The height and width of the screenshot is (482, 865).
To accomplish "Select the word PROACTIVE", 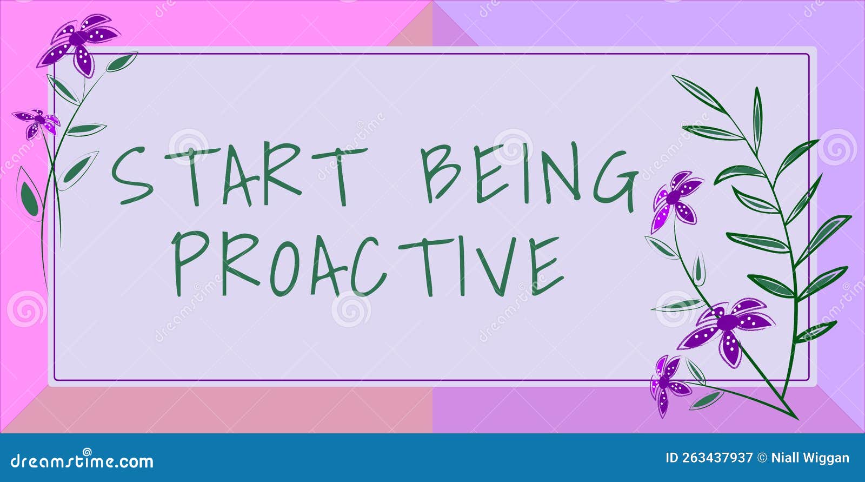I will (368, 265).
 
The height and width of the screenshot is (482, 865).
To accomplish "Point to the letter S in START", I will (131, 176).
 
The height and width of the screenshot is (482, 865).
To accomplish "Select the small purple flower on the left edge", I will (37, 122).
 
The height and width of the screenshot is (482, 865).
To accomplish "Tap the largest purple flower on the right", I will (727, 327).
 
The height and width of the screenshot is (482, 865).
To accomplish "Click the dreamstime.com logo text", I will (82, 461).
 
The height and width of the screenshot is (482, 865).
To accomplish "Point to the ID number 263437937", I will (717, 458).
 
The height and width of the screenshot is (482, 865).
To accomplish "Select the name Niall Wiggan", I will (810, 458).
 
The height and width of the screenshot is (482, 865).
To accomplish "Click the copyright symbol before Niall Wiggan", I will (762, 458).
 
